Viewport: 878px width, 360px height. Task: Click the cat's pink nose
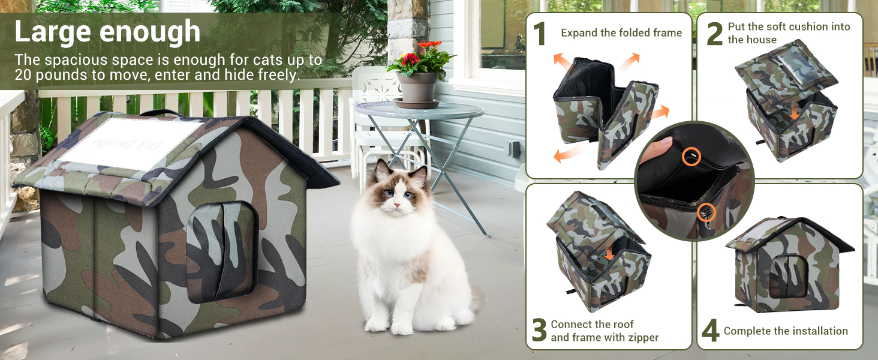coord(397,205)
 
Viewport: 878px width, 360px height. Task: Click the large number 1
coord(540,34)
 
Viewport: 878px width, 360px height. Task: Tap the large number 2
coord(714,34)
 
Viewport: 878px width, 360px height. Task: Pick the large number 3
coord(539,329)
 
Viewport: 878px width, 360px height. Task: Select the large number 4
coord(710,331)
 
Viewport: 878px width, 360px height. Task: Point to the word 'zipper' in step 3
coord(642,338)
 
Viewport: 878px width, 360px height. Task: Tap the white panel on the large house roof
coord(130,143)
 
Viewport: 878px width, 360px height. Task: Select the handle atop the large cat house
coord(161,113)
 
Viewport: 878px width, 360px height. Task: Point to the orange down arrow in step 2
coord(795,113)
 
